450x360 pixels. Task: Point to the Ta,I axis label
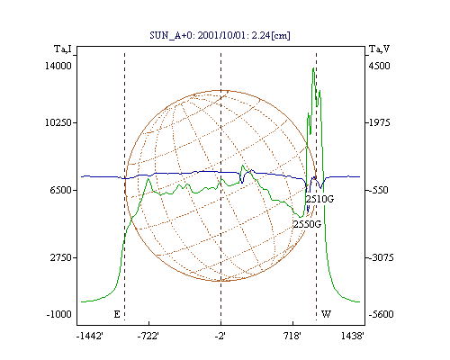(63, 49)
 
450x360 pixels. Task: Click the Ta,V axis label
(380, 49)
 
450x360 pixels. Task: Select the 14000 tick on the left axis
(58, 66)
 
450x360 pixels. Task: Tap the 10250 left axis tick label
(58, 122)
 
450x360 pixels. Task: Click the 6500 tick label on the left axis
(61, 190)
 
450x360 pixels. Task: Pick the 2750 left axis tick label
(61, 257)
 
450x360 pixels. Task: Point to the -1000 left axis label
(59, 314)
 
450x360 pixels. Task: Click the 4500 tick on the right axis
(380, 66)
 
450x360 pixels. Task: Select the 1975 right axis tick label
(380, 122)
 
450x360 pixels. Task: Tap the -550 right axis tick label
(379, 190)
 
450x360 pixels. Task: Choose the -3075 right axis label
(381, 257)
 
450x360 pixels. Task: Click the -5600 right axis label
(381, 314)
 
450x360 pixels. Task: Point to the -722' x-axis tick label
(148, 336)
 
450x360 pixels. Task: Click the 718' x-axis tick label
(292, 336)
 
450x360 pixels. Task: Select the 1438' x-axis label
(353, 336)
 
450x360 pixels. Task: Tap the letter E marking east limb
(117, 314)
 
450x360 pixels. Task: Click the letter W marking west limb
(326, 314)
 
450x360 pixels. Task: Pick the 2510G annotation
(319, 199)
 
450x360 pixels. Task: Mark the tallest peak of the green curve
(313, 68)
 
